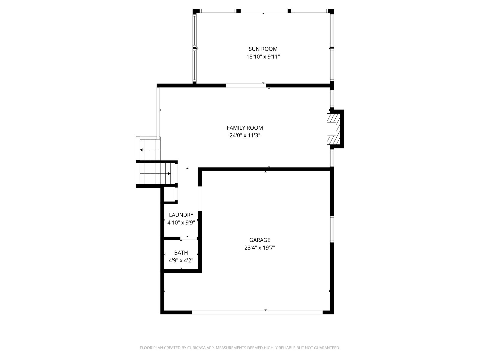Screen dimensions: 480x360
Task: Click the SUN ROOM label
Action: point(263,49)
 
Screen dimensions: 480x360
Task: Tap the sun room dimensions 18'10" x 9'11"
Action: point(263,57)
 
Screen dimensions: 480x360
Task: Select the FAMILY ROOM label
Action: point(245,128)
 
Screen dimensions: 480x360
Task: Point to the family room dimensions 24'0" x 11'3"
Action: point(245,136)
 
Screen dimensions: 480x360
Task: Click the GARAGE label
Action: point(260,240)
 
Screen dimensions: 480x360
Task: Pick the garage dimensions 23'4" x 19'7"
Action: point(260,248)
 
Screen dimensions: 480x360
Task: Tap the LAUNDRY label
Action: point(181,215)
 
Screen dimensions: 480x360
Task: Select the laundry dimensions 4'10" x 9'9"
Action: point(181,223)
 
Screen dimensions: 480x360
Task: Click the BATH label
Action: point(181,253)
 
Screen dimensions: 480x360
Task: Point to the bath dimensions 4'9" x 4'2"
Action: point(181,260)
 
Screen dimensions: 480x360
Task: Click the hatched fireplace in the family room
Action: point(334,129)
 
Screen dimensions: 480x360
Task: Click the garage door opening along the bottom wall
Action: point(257,312)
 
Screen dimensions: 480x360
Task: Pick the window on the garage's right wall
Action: point(332,229)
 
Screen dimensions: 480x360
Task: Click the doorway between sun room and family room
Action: point(246,85)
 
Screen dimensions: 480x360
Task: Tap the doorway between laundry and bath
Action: point(189,238)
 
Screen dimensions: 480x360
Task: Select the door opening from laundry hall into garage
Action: point(200,199)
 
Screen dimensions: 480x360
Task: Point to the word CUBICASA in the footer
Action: point(196,348)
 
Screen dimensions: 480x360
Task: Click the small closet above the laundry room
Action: point(170,194)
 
